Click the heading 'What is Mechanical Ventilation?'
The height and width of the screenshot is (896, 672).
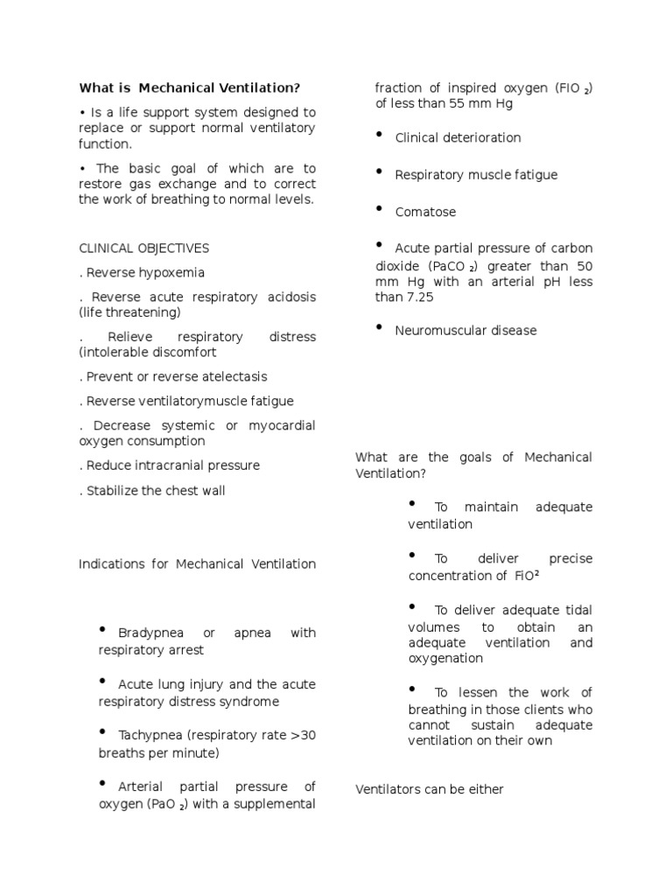(189, 87)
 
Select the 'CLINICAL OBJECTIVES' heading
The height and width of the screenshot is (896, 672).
(143, 248)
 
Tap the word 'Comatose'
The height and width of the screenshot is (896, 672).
(425, 212)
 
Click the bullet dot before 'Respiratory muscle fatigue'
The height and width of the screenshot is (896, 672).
(380, 172)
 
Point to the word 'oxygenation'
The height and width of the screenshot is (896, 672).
(445, 658)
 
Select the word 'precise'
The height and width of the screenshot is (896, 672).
(570, 558)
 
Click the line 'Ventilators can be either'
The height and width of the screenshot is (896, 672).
(430, 789)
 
